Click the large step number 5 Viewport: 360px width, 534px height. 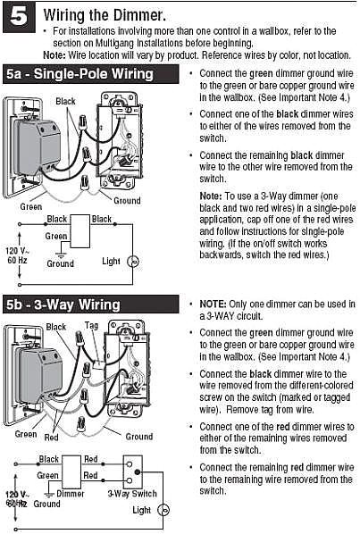point(19,17)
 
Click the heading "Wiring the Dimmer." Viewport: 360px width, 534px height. point(105,15)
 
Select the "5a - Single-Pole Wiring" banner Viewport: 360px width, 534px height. point(90,74)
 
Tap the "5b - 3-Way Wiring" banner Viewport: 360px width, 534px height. point(90,305)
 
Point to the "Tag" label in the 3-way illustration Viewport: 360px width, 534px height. point(92,325)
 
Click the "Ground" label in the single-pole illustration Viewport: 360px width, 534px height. point(127,201)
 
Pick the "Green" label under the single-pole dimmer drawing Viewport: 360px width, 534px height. point(31,206)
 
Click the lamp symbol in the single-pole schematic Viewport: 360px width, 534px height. point(133,262)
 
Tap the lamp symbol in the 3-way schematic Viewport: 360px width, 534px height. point(163,510)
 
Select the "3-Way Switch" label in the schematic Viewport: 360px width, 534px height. point(132,494)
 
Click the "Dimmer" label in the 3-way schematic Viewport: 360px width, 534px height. point(71,494)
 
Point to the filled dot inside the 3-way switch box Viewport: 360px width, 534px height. point(138,472)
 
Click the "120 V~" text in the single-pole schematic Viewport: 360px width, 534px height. point(17,251)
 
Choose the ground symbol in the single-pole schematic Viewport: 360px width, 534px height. point(61,255)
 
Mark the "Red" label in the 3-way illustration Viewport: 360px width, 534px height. point(52,437)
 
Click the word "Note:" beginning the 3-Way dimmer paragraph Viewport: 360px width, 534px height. point(211,196)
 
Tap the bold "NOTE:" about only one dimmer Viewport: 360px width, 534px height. point(213,304)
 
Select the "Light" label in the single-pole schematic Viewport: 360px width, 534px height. point(111,262)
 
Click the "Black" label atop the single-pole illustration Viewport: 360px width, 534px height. point(65,101)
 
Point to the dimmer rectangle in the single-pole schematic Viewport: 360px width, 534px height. point(80,231)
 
